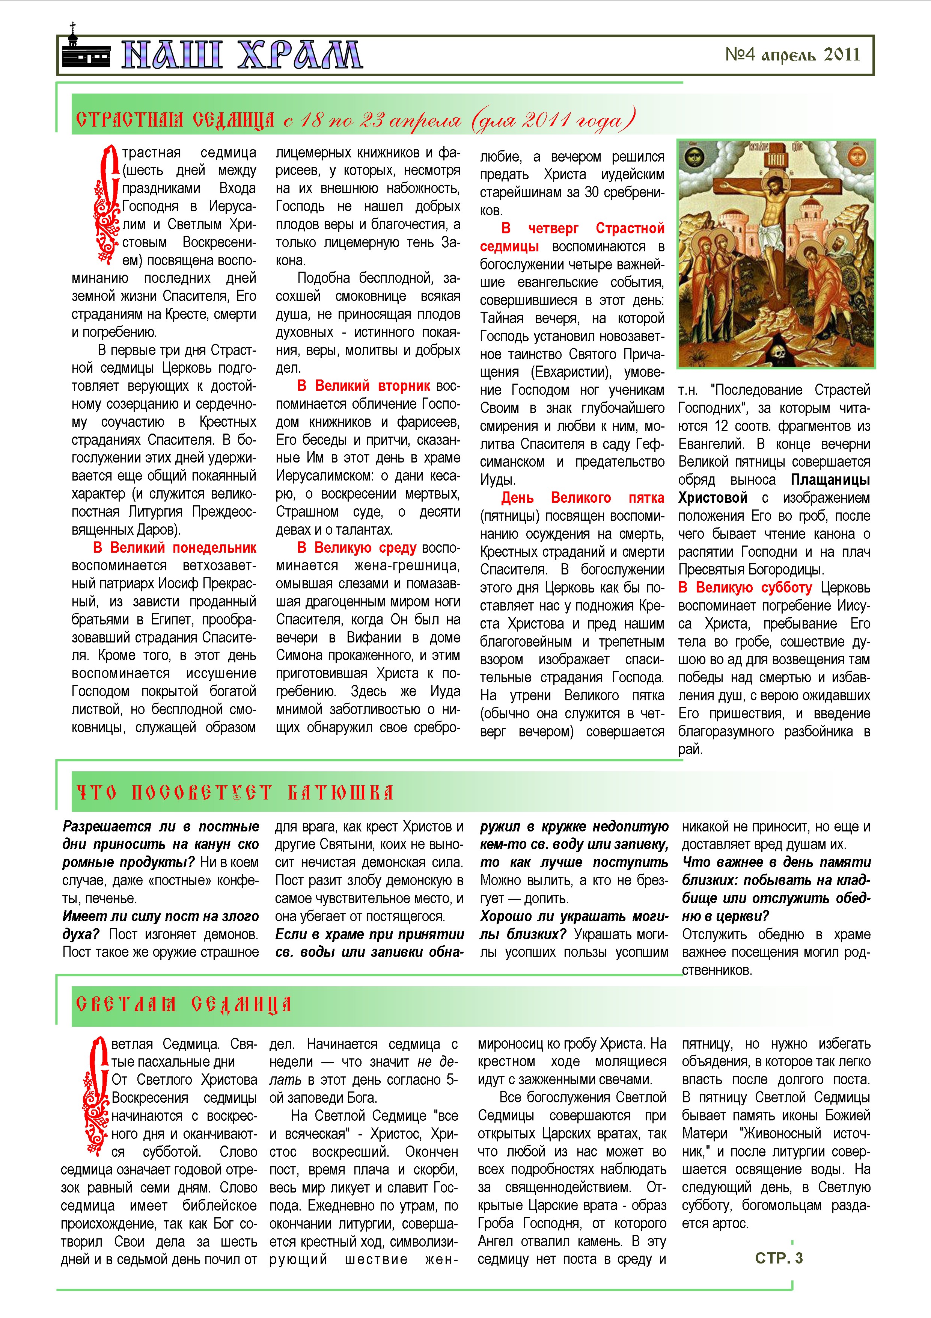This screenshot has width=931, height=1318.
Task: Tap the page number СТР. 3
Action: (779, 1258)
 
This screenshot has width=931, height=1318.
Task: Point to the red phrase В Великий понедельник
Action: (175, 548)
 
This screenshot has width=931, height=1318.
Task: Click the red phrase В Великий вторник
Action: (364, 386)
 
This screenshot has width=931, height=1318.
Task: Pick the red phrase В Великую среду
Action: (357, 548)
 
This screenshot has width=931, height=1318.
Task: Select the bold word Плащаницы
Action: (830, 480)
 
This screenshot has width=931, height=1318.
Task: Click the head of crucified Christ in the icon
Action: (774, 188)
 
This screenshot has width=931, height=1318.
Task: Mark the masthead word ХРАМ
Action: (300, 55)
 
